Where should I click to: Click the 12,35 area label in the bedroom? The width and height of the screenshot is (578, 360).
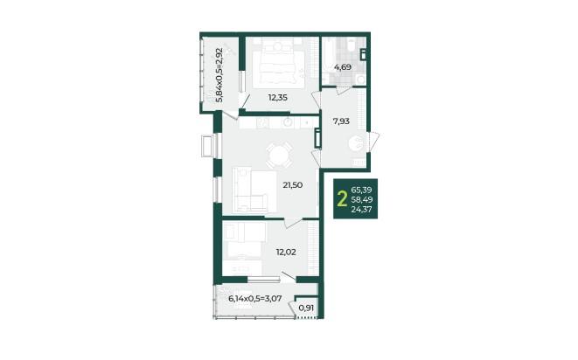277,98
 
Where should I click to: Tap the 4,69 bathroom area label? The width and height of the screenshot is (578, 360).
343,67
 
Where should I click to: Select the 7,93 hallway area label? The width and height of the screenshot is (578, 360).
341,121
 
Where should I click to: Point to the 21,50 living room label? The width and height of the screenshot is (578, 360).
293,185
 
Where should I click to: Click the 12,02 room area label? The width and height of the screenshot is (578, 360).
286,253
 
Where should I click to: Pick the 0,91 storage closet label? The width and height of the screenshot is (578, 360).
306,308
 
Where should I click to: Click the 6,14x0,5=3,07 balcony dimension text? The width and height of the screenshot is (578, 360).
255,299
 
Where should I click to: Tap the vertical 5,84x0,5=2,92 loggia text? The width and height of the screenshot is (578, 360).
219,74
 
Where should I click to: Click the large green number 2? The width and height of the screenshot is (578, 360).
343,199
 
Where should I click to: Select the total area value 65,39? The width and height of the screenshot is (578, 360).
362,190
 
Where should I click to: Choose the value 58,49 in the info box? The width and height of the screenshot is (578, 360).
362,200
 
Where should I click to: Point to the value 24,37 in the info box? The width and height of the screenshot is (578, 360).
362,210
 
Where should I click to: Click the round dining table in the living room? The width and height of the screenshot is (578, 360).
280,156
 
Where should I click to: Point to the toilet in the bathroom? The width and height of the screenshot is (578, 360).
359,79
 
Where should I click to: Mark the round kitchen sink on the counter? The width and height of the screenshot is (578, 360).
288,122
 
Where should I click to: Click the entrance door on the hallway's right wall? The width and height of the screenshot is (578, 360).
373,142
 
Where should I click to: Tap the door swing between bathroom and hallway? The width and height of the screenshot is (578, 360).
345,91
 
